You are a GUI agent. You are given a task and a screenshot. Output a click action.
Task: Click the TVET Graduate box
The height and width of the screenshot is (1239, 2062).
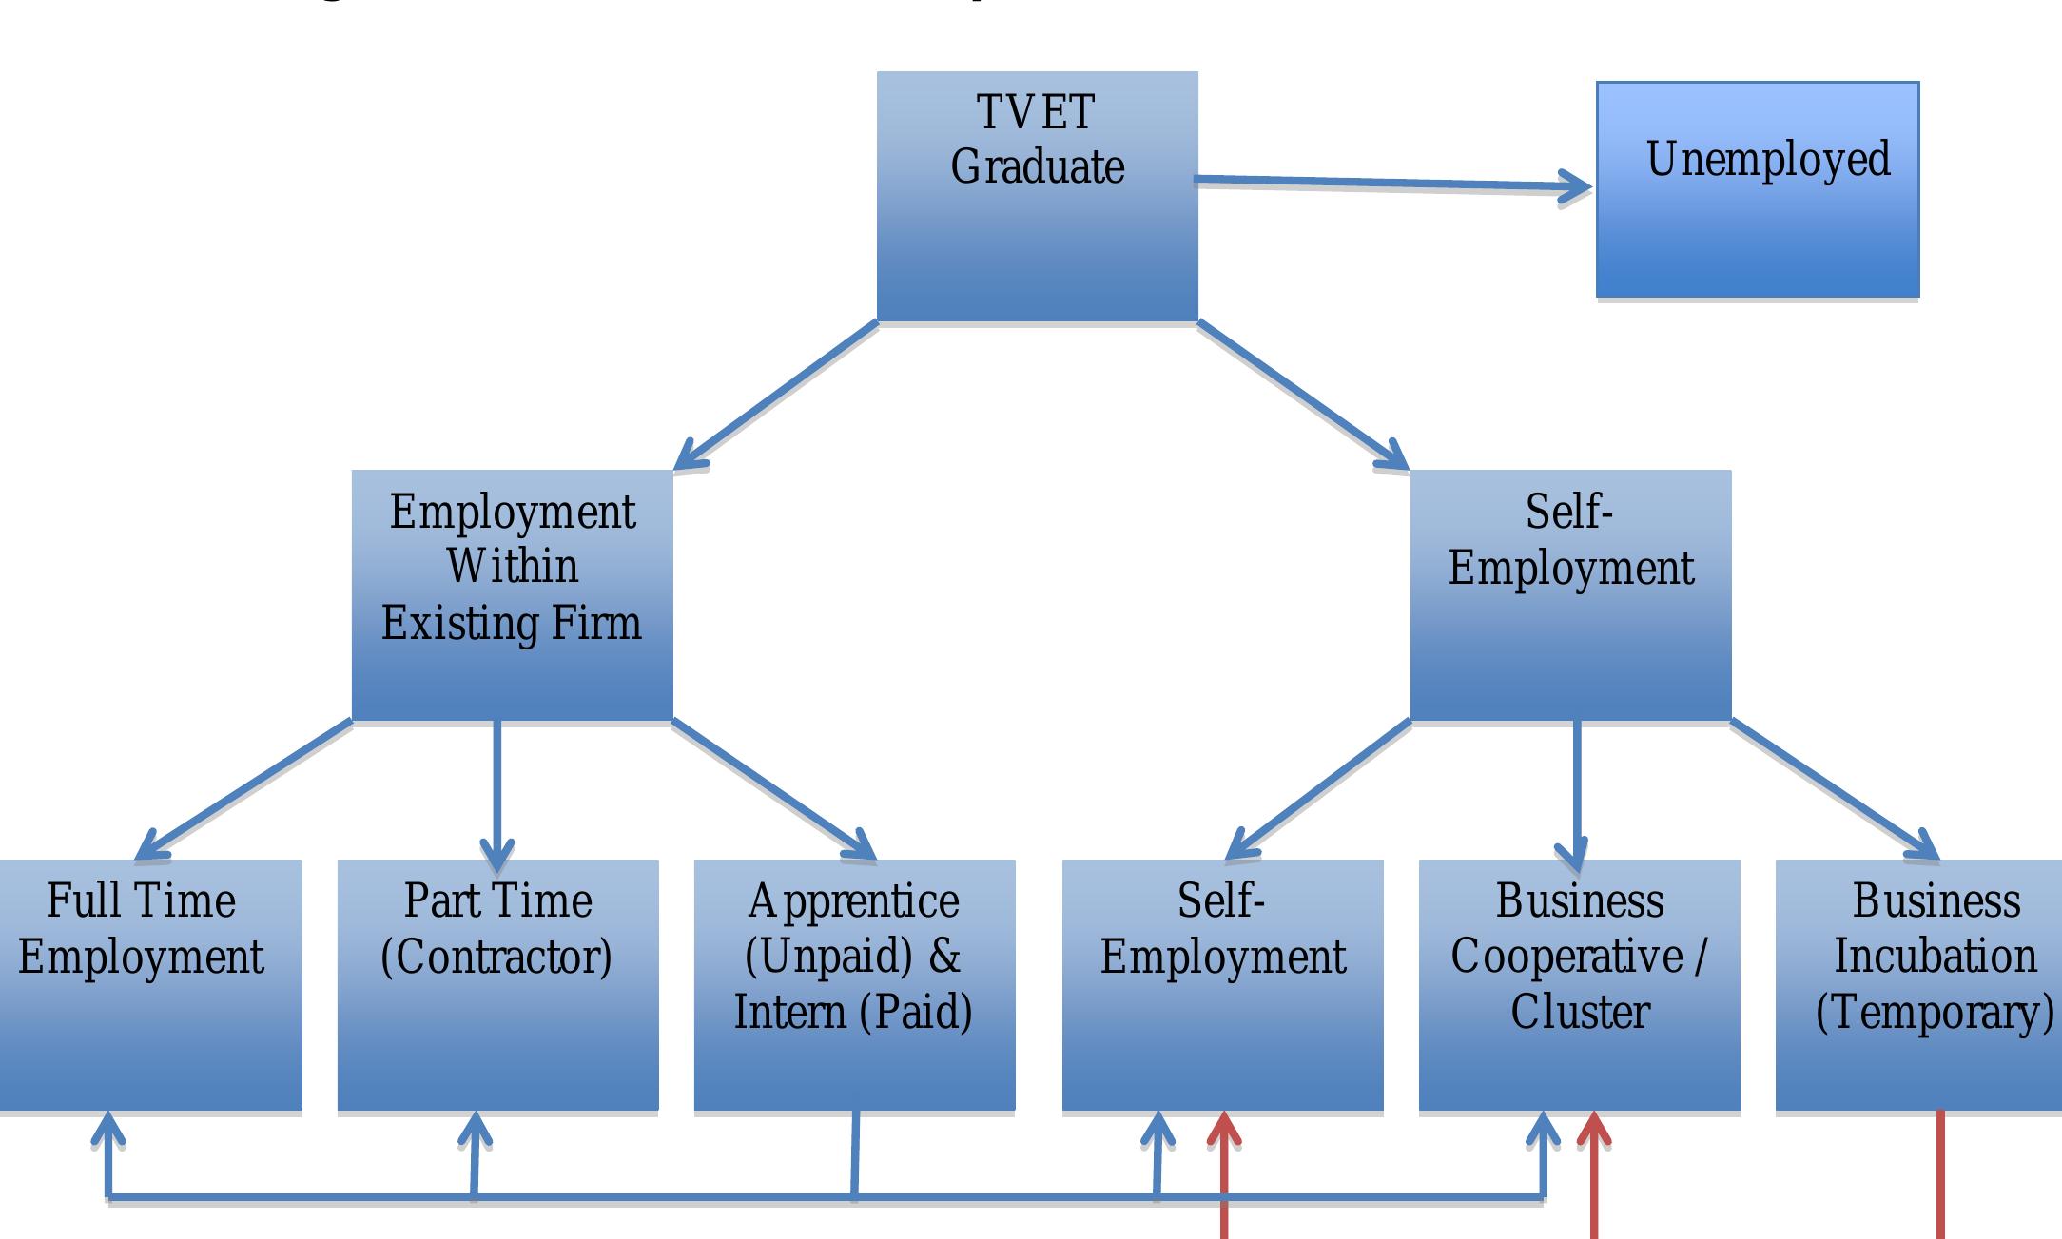pyautogui.click(x=1037, y=228)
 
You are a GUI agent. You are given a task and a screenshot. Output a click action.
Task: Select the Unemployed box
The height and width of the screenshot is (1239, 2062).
pyautogui.click(x=1758, y=228)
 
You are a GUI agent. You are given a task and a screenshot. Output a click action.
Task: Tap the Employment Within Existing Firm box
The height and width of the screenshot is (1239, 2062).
pyautogui.click(x=512, y=666)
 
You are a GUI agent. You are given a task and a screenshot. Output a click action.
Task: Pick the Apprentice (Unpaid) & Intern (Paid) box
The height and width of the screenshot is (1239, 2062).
pyautogui.click(x=854, y=1055)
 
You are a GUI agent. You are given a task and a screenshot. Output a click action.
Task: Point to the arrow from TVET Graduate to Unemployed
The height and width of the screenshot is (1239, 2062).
pyautogui.click(x=1389, y=183)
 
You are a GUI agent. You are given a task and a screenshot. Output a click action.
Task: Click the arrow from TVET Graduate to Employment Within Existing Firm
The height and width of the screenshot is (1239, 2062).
pyautogui.click(x=775, y=395)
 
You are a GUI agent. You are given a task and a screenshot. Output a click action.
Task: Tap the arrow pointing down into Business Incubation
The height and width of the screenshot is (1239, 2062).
pyautogui.click(x=1836, y=789)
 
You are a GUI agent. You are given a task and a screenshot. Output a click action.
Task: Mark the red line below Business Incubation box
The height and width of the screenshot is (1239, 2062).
pyautogui.click(x=1940, y=1179)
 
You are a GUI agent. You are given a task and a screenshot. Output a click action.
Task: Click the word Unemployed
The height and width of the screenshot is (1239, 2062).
pyautogui.click(x=1767, y=160)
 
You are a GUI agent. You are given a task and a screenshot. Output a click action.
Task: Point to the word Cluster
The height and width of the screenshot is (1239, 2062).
pyautogui.click(x=1580, y=1012)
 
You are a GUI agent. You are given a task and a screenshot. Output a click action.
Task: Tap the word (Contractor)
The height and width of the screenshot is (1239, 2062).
pyautogui.click(x=496, y=957)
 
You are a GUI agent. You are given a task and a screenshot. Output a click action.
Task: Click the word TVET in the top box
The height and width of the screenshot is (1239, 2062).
pyautogui.click(x=1036, y=112)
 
